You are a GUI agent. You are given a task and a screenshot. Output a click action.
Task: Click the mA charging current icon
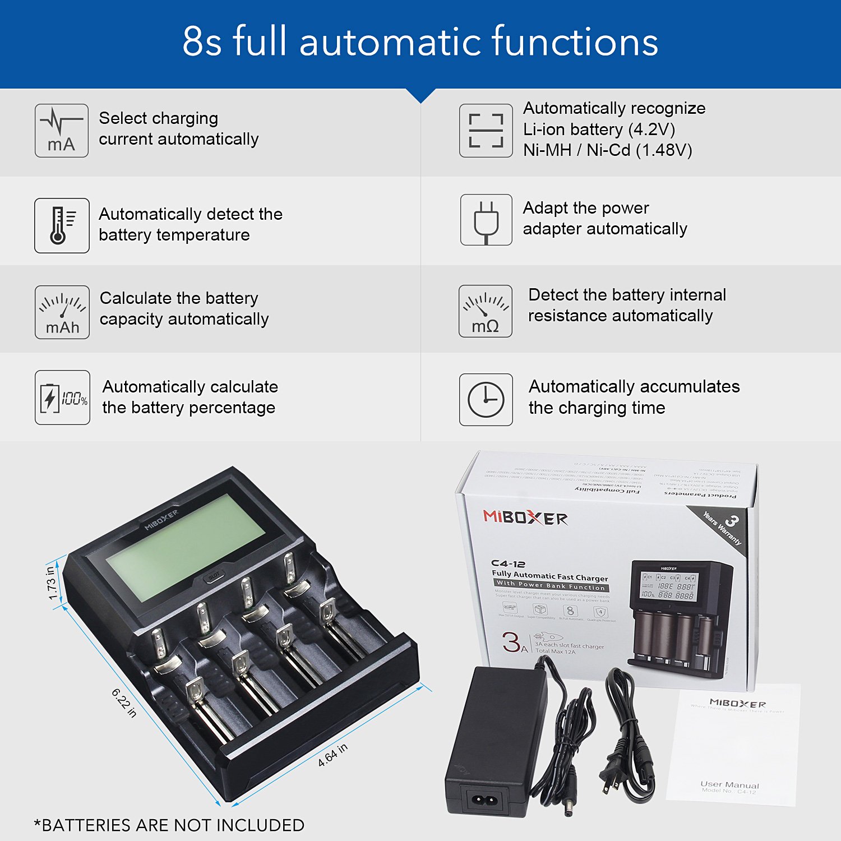[62, 131]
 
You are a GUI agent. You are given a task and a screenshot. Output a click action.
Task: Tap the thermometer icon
[62, 225]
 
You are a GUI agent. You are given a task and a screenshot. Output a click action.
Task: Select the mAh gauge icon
[62, 312]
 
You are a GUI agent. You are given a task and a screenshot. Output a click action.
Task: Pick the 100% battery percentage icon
[62, 398]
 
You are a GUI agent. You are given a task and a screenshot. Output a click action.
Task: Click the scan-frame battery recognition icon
[486, 131]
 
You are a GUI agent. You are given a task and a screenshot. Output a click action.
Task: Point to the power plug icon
[486, 220]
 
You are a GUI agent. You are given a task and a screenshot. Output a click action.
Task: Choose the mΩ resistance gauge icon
[486, 311]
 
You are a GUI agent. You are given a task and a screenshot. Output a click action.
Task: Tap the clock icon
[486, 400]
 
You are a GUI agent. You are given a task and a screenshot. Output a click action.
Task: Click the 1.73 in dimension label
[51, 583]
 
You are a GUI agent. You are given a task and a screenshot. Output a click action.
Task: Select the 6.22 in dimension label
[124, 703]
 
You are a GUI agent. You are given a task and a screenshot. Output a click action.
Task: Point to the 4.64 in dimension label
[332, 755]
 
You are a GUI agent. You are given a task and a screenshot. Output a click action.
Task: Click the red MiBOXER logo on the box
[525, 517]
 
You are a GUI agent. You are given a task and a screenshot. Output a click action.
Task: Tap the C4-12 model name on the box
[509, 563]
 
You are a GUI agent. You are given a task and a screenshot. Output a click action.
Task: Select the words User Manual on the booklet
[729, 784]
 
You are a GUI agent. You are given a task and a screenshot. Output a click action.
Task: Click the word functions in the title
[575, 41]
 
